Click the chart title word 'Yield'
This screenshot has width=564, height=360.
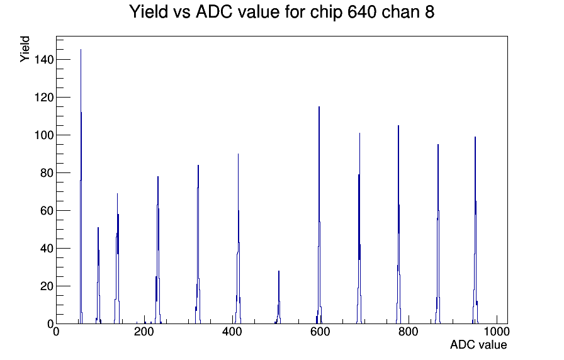149,11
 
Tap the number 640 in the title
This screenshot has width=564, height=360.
362,11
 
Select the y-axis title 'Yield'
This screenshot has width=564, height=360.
25,49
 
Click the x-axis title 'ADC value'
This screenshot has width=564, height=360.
478,344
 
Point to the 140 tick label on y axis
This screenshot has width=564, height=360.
43,60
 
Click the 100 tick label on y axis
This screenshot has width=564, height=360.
43,135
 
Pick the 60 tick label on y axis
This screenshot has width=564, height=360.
47,211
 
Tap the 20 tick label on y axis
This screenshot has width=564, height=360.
47,286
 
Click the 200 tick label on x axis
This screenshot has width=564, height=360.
144,332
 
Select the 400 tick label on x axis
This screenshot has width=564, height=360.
232,332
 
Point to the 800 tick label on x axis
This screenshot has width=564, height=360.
409,332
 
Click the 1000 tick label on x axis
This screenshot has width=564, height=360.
497,332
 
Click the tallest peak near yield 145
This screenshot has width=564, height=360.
81,187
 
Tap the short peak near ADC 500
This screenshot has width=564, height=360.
279,298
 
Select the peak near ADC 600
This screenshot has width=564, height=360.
319,215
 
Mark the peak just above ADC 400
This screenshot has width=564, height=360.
238,239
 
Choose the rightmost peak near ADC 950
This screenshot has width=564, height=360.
475,230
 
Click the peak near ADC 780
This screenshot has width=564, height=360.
398,225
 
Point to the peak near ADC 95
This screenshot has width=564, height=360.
98,276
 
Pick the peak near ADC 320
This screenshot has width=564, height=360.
198,245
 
